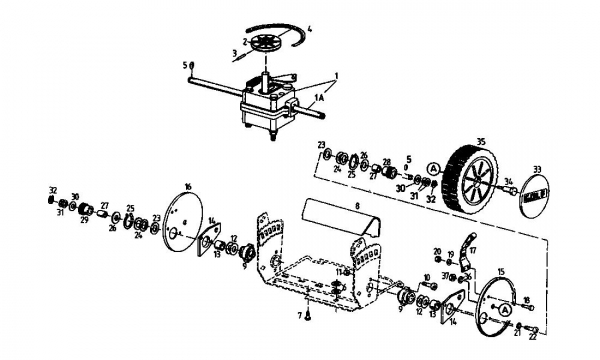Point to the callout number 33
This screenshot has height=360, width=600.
(536, 170)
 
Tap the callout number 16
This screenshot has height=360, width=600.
(187, 185)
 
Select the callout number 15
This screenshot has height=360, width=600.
(501, 270)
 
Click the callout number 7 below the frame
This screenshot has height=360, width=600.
(298, 316)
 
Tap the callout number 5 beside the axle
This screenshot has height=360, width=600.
(186, 65)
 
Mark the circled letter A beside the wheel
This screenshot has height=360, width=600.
(433, 167)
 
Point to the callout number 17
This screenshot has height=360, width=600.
(473, 250)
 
